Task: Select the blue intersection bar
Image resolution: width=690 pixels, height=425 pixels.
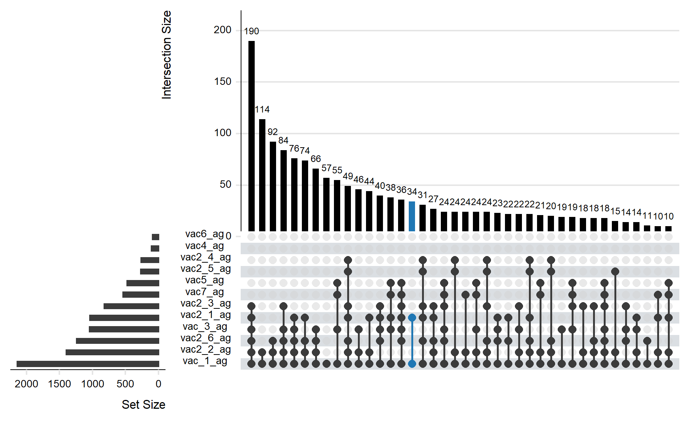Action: click(412, 216)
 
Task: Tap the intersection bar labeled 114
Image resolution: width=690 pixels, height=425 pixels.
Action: click(262, 175)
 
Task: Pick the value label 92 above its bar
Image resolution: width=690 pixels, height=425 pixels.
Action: click(273, 132)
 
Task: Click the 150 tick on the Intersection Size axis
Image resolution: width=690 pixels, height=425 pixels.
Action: click(223, 82)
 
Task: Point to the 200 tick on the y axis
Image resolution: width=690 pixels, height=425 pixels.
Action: click(223, 30)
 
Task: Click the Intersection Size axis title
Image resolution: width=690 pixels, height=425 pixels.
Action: click(167, 55)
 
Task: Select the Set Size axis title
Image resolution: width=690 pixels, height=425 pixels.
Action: click(143, 405)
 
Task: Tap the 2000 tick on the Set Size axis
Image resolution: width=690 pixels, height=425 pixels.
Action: click(27, 384)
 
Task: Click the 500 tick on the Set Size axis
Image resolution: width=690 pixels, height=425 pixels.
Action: click(125, 384)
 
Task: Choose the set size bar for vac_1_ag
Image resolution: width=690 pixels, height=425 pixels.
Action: click(88, 364)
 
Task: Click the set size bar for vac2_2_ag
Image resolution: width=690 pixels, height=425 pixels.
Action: click(112, 352)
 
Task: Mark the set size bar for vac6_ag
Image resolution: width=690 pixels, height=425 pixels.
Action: click(156, 237)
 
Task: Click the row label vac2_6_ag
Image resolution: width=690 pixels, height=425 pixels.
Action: click(206, 338)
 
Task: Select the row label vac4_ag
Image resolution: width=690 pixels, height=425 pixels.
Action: click(205, 246)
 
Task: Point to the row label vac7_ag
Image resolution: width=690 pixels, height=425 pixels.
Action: click(205, 292)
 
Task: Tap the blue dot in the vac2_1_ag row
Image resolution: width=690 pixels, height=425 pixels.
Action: click(412, 318)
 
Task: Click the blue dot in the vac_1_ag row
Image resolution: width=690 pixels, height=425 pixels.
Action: click(412, 364)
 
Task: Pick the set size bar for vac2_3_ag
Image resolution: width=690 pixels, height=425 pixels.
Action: click(132, 306)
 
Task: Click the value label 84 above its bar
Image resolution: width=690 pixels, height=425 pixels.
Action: click(283, 141)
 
